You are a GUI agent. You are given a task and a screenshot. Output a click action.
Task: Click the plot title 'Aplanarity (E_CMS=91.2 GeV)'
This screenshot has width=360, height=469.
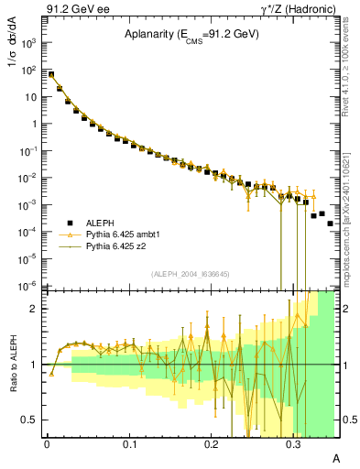click(191, 36)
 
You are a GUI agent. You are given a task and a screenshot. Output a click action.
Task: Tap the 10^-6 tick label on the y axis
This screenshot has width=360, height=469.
click(30, 285)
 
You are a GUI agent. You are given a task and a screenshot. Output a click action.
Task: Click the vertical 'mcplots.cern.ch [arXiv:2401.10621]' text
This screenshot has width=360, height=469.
click(346, 211)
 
